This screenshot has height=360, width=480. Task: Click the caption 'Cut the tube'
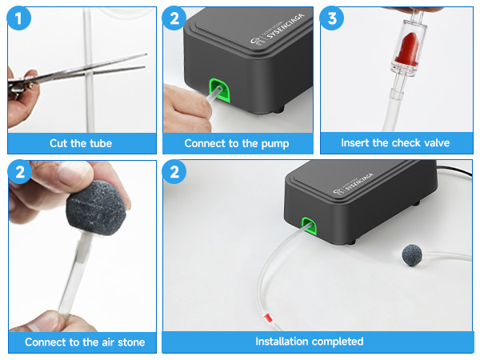point(81,143)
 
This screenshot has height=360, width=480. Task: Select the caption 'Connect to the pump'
point(237,143)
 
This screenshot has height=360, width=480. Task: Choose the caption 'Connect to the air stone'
point(85,342)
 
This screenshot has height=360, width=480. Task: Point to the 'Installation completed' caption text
point(309,342)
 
